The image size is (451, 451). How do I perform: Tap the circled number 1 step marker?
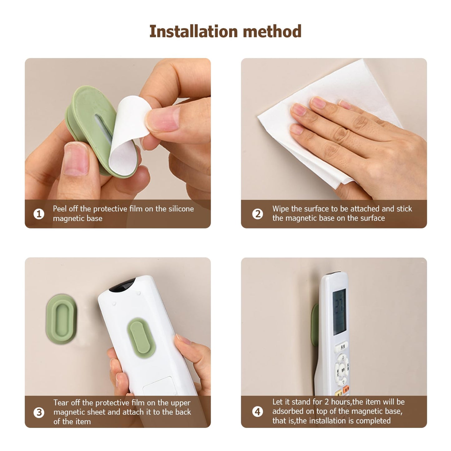(39, 214)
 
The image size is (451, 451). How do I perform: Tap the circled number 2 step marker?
(257, 214)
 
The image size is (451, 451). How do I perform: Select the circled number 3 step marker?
(39, 413)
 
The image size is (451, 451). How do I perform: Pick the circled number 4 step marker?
(257, 412)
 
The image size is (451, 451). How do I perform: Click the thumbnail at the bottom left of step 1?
(76, 159)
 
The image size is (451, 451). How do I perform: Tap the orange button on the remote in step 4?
(346, 389)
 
